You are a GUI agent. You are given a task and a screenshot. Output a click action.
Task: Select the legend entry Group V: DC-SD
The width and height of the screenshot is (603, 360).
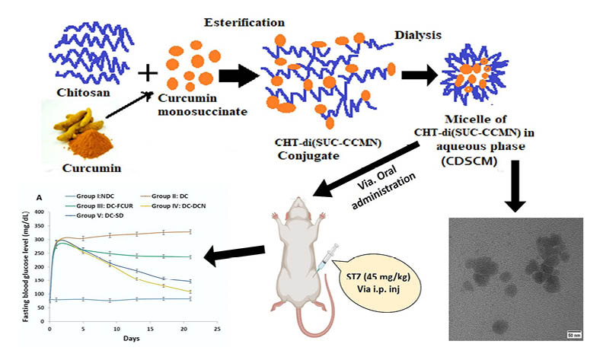point(98,215)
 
